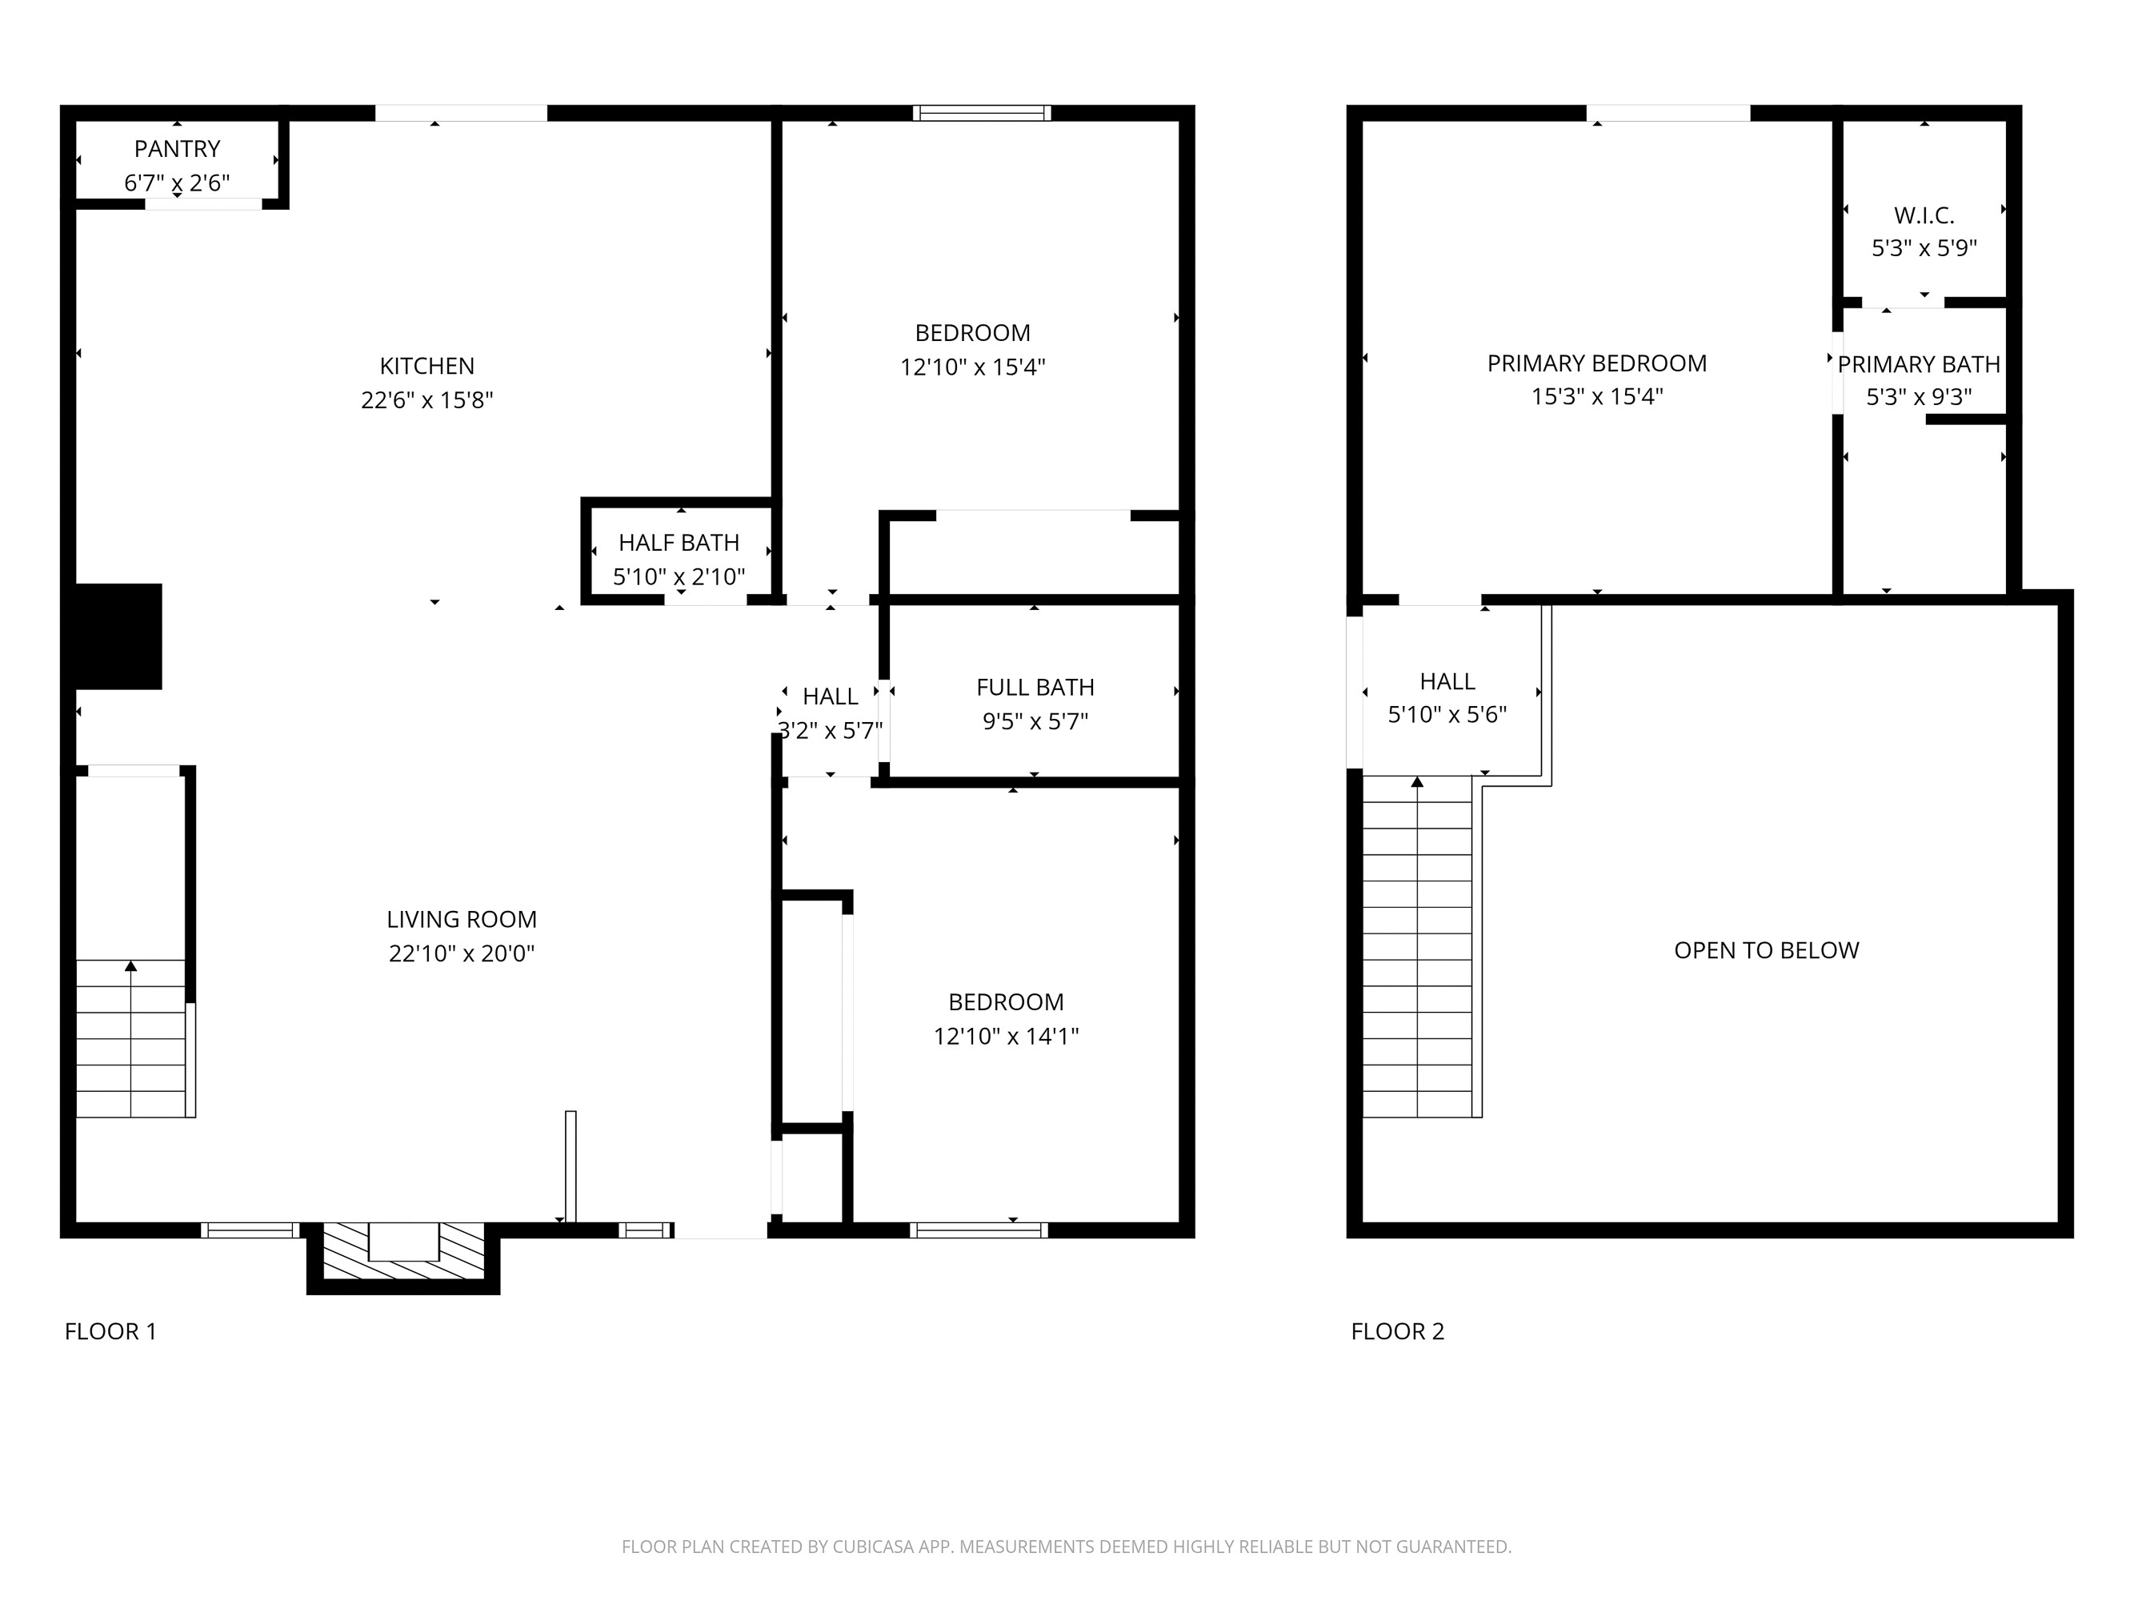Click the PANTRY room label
177,149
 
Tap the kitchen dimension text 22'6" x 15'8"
426,399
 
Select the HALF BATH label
679,543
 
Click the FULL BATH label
1035,687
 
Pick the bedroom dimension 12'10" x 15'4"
972,367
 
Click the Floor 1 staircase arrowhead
131,966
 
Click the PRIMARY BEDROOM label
1595,363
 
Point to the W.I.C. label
1924,215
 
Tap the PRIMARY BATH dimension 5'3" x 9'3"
1918,396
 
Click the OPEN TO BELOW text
1765,949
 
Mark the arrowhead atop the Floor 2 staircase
1417,781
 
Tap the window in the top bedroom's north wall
981,113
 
